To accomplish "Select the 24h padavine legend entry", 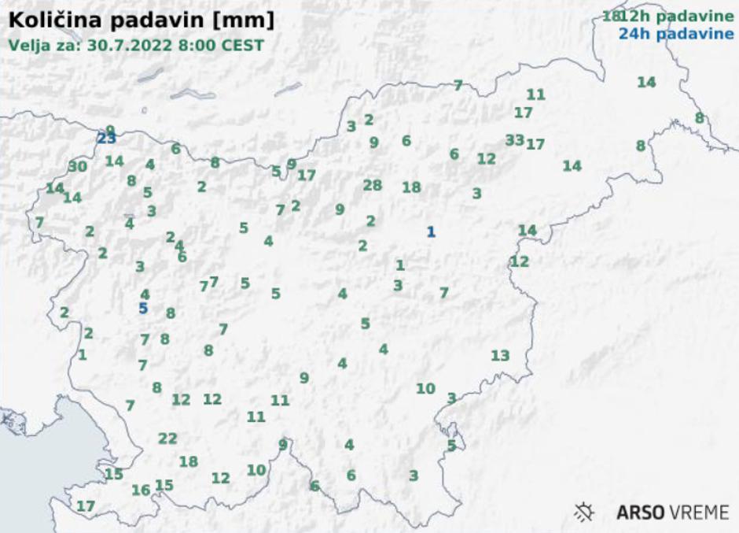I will [x=676, y=34].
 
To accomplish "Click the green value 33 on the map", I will [x=514, y=140].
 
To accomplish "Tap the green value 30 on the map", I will [x=78, y=166].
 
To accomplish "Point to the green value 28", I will [x=373, y=185].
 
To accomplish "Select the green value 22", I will [x=167, y=439].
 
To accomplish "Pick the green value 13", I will [x=500, y=355].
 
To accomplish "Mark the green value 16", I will [x=141, y=490].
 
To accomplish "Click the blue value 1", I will [x=430, y=231].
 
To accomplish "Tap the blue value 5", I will [x=143, y=308].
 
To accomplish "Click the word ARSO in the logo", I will [x=641, y=513].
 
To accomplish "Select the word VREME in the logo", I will [x=701, y=513].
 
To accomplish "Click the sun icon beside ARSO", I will [x=585, y=513].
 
